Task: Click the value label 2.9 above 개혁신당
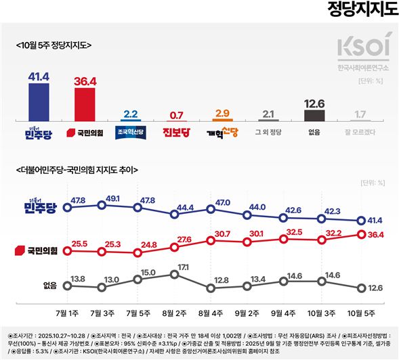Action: [x=222, y=113]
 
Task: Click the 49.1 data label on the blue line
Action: [x=112, y=198]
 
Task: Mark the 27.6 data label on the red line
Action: [x=184, y=239]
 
